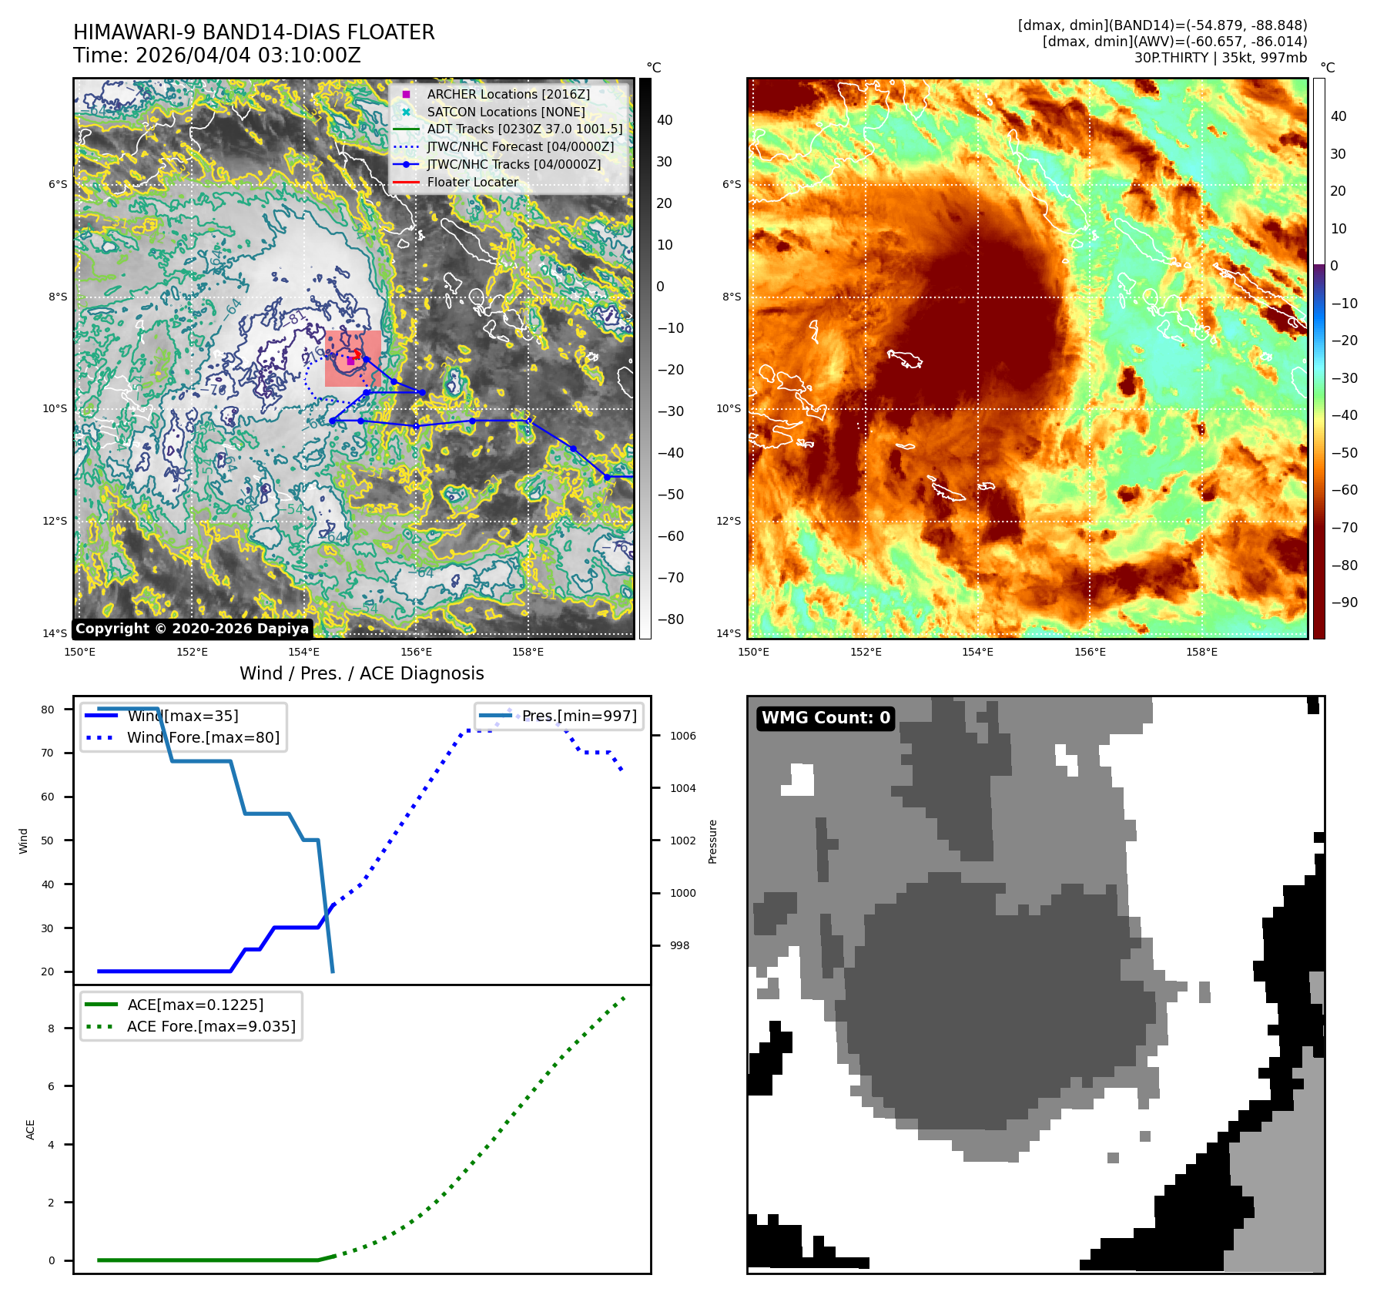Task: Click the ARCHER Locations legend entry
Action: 508,94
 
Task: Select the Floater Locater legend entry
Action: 472,182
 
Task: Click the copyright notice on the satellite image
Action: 192,629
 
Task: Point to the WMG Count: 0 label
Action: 826,718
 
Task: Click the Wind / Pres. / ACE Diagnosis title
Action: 361,673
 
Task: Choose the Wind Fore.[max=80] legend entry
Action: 203,737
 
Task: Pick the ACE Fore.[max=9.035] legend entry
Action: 211,1026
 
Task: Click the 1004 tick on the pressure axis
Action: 682,788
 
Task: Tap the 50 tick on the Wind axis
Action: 48,841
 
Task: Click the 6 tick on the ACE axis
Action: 52,1086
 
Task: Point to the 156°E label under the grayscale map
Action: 416,652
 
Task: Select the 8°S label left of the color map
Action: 731,297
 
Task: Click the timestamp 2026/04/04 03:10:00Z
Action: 248,55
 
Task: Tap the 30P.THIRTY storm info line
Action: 1220,58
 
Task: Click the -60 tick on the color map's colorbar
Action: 1344,490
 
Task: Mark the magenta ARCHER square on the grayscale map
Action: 350,361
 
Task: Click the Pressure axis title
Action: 712,841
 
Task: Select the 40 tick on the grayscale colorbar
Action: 664,120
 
